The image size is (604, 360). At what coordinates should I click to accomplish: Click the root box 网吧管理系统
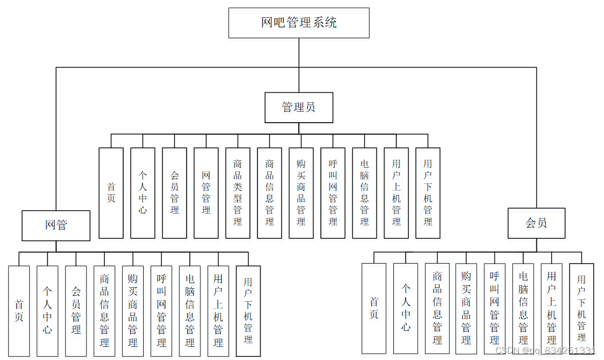[x=299, y=23]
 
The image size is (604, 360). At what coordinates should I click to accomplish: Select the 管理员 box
[x=299, y=107]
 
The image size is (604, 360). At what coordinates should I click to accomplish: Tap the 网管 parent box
[x=56, y=225]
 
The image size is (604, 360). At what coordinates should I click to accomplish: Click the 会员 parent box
[x=536, y=223]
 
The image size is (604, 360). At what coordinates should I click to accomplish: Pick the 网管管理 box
[x=206, y=193]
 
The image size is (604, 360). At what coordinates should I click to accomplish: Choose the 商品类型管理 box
[x=238, y=193]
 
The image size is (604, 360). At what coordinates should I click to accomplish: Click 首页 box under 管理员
[x=111, y=193]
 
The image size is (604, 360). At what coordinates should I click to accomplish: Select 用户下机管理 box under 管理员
[x=428, y=193]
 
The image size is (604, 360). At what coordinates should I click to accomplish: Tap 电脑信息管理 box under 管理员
[x=364, y=193]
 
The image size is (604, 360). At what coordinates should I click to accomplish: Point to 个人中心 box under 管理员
[x=143, y=193]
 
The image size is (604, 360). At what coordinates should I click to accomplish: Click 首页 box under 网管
[x=19, y=311]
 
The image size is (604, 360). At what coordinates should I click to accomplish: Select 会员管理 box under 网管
[x=76, y=311]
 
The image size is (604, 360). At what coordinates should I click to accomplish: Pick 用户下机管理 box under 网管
[x=248, y=311]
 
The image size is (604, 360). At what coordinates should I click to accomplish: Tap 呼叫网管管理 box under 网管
[x=161, y=311]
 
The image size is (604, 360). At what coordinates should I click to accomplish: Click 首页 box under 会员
[x=374, y=308]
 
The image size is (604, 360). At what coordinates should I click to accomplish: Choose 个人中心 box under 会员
[x=406, y=308]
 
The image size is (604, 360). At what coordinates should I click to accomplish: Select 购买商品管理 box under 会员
[x=466, y=308]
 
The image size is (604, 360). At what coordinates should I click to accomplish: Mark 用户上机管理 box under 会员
[x=552, y=308]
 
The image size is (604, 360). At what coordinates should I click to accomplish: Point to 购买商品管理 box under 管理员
[x=301, y=193]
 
